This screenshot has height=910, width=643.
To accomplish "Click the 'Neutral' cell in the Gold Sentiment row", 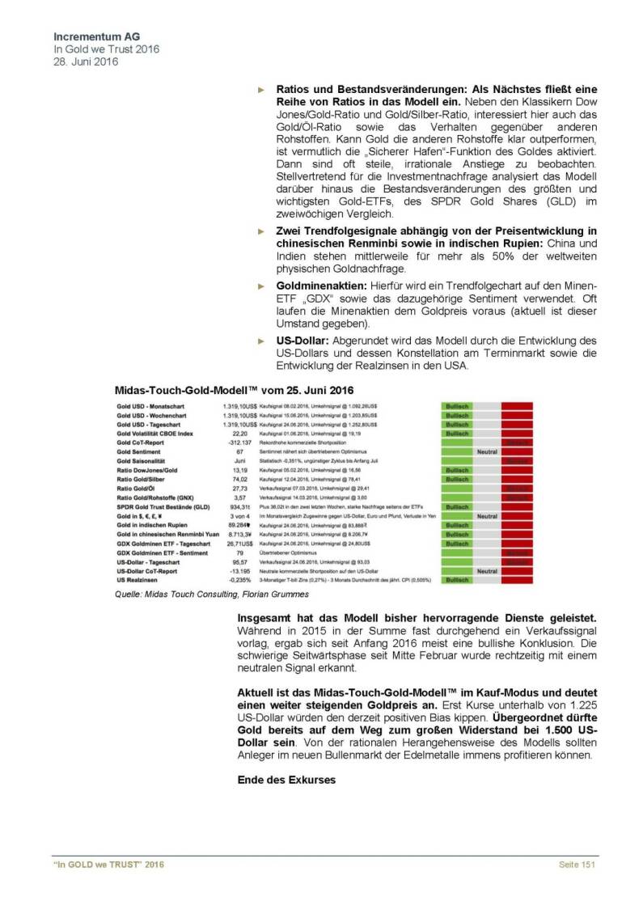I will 487,451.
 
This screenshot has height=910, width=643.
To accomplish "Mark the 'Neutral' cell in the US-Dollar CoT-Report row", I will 487,570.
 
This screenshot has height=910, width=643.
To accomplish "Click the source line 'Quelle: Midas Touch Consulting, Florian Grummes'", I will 210,595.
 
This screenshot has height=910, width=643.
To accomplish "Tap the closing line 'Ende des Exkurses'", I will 286,781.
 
